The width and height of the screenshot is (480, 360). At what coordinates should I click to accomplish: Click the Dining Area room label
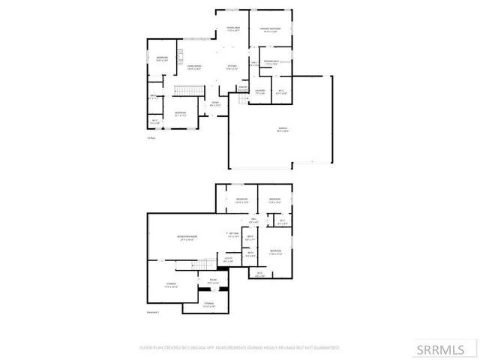233,29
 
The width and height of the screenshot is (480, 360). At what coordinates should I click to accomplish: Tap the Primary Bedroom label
269,29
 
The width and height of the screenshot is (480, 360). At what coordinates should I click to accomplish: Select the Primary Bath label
271,63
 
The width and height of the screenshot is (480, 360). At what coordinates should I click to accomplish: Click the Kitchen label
232,67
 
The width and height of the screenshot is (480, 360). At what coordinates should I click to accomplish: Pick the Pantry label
243,88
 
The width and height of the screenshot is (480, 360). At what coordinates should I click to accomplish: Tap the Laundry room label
259,92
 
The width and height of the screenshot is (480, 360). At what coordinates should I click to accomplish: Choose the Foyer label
214,103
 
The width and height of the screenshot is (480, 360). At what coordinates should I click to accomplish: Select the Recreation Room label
187,238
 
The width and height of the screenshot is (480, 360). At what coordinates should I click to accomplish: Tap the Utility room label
228,259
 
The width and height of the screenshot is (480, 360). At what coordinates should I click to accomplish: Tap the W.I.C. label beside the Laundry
280,92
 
